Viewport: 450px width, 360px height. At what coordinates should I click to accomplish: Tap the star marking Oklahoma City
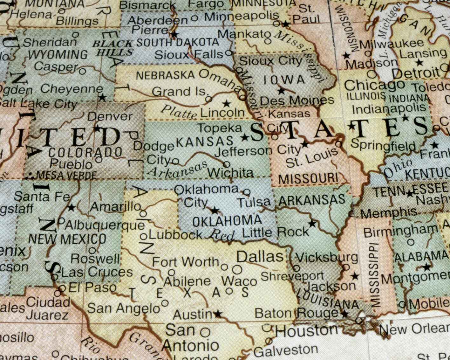tap(215, 210)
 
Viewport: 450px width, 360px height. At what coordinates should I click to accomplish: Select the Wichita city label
tap(230, 173)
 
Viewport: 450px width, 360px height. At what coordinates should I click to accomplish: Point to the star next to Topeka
tap(245, 138)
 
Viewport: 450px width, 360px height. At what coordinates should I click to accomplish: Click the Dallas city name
tap(260, 257)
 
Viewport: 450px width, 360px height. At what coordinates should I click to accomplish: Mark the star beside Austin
tap(218, 314)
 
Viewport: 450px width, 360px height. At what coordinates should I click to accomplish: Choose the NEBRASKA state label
tap(165, 75)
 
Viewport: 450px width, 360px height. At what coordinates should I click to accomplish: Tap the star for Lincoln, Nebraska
tap(226, 103)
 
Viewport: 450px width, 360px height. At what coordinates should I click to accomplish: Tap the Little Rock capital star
tap(312, 223)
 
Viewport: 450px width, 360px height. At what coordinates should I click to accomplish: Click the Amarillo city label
tap(115, 207)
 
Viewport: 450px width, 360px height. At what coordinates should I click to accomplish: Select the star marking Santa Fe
tap(72, 208)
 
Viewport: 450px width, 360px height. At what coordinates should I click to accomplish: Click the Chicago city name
tap(374, 85)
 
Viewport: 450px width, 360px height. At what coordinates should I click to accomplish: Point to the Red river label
tap(222, 235)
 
